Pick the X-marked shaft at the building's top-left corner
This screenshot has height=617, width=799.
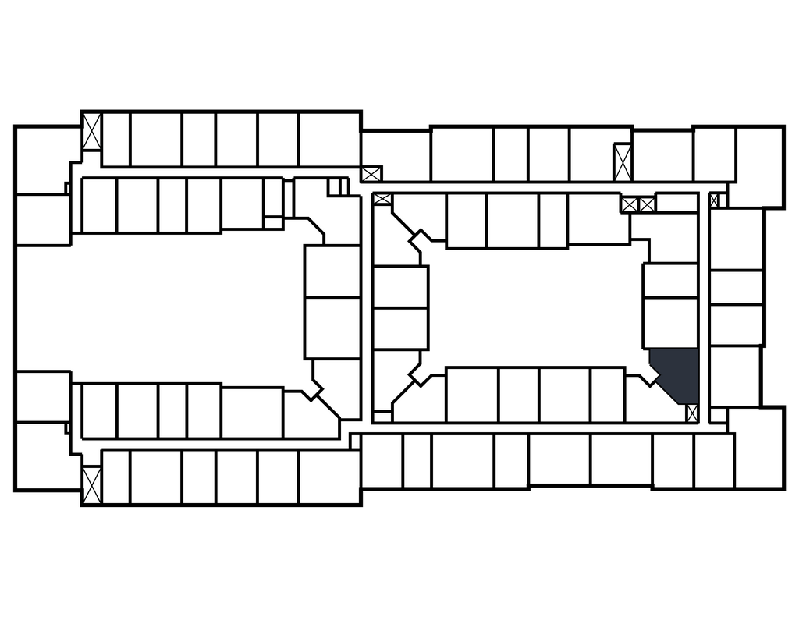pyautogui.click(x=92, y=132)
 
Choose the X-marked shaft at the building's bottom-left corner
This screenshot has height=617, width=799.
pyautogui.click(x=92, y=484)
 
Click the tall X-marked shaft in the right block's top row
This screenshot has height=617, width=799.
pyautogui.click(x=622, y=162)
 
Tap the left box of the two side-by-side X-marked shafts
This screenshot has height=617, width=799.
pyautogui.click(x=630, y=204)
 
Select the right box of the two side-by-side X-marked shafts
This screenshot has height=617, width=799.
pyautogui.click(x=647, y=204)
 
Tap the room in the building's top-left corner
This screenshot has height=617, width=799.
pyautogui.click(x=47, y=159)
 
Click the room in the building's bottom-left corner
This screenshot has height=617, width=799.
pyautogui.click(x=47, y=456)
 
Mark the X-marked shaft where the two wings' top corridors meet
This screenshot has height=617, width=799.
pyautogui.click(x=371, y=173)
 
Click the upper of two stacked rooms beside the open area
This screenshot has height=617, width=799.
pyautogui.click(x=332, y=271)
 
